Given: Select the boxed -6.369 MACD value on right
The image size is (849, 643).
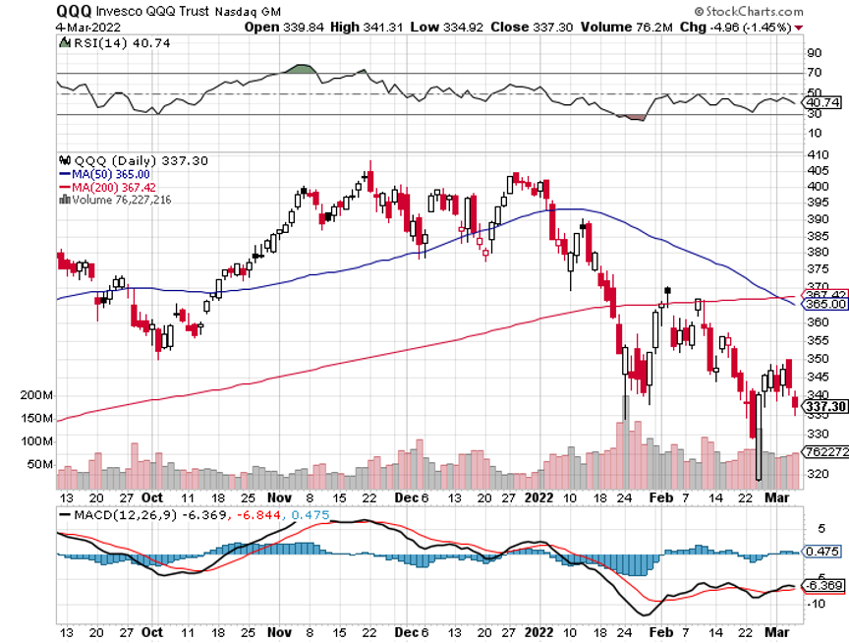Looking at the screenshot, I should pyautogui.click(x=821, y=586).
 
